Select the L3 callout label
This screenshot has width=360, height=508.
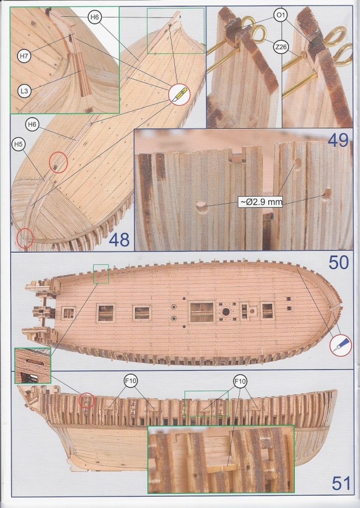click(x=24, y=90)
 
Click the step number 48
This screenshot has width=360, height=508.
click(x=119, y=240)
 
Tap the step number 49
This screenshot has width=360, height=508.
click(x=338, y=140)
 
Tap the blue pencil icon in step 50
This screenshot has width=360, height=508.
click(x=340, y=344)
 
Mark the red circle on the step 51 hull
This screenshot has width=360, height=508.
click(x=86, y=401)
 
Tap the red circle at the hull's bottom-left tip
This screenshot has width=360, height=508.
click(x=25, y=238)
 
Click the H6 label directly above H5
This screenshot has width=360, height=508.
click(x=31, y=123)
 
